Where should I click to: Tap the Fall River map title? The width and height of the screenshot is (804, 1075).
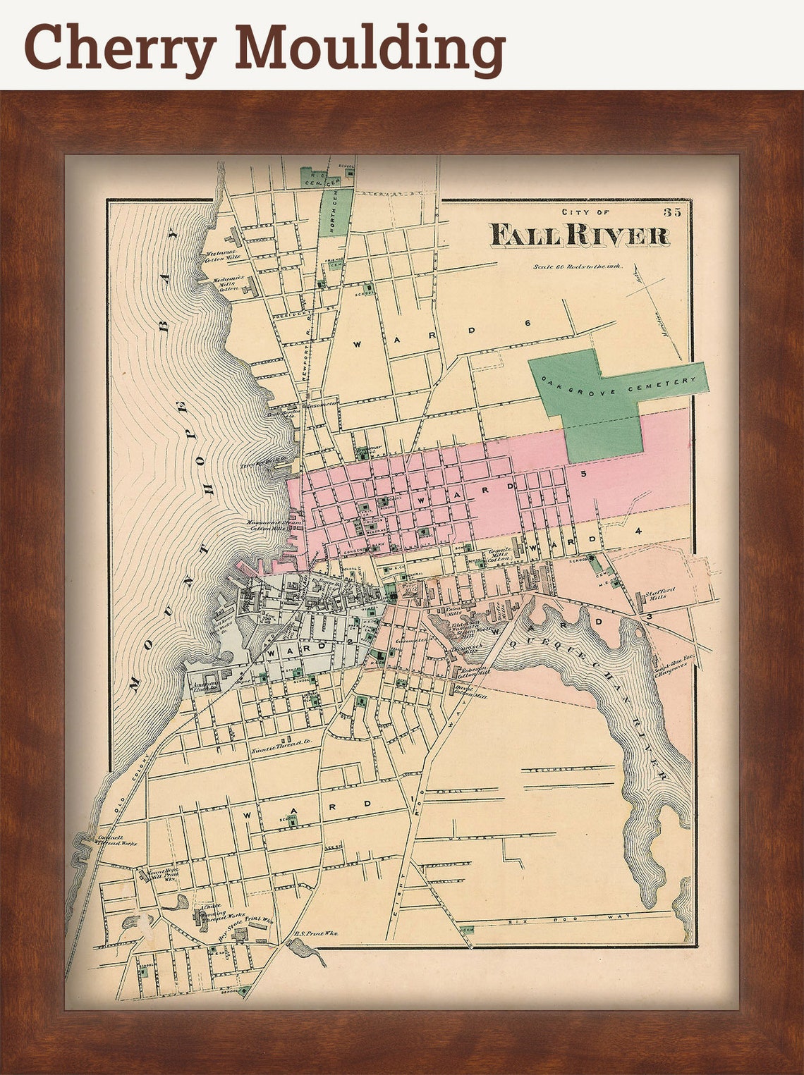[579, 235]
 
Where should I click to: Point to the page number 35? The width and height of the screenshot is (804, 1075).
[671, 211]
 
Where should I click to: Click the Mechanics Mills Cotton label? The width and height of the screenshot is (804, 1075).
[229, 282]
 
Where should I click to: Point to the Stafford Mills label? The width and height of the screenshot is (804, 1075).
[660, 593]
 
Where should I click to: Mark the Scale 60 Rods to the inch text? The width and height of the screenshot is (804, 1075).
[578, 266]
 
